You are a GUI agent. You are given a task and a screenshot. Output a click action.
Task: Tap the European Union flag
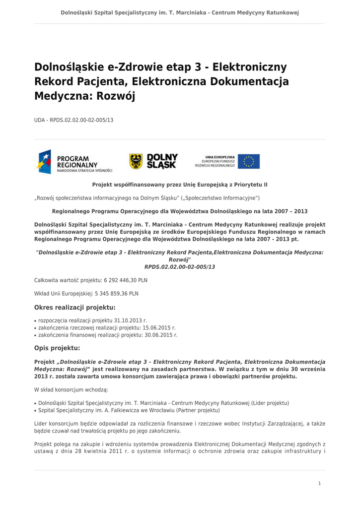(x=248, y=161)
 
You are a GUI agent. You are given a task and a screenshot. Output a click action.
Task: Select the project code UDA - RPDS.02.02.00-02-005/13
(x=73, y=120)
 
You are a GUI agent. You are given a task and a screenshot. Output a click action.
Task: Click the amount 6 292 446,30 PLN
(x=126, y=280)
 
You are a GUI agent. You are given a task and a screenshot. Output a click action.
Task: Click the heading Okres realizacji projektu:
(x=74, y=307)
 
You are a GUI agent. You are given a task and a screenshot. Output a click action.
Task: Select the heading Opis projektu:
(x=57, y=348)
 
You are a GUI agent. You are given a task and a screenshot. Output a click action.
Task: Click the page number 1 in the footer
(x=320, y=483)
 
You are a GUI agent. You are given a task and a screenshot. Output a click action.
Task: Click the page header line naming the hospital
(x=180, y=12)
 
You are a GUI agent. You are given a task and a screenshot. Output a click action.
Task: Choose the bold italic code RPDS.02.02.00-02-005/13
(x=180, y=267)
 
